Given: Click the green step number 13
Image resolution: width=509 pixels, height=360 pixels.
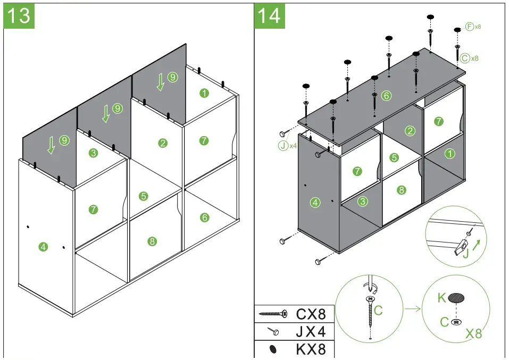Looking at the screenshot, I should pyautogui.click(x=20, y=15).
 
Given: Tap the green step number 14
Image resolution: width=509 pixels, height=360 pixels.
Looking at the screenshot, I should pyautogui.click(x=269, y=15).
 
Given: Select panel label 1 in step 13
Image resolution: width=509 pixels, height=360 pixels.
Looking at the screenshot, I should pyautogui.click(x=204, y=93).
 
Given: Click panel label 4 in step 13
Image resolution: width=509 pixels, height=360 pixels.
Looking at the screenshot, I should pyautogui.click(x=44, y=246).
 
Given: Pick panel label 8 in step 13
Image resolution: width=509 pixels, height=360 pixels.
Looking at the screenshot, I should pyautogui.click(x=153, y=241).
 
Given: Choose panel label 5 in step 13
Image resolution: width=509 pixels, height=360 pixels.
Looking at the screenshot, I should pyautogui.click(x=143, y=196).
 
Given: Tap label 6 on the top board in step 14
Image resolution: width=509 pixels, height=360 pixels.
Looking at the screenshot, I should pyautogui.click(x=386, y=96).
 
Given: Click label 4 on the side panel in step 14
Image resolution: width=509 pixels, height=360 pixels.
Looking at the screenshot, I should pyautogui.click(x=315, y=203).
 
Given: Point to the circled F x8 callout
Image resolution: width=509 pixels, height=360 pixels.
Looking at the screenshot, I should pyautogui.click(x=473, y=26).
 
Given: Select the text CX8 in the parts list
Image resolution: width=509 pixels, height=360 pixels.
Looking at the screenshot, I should pyautogui.click(x=314, y=314).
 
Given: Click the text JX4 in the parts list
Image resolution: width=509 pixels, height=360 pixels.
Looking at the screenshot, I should pyautogui.click(x=311, y=332).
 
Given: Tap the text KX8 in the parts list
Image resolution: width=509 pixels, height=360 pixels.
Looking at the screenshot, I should pyautogui.click(x=314, y=350).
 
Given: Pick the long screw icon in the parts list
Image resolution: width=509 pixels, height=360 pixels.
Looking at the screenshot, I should pyautogui.click(x=273, y=314).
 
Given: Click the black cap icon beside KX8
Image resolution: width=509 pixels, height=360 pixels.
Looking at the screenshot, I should pyautogui.click(x=273, y=350).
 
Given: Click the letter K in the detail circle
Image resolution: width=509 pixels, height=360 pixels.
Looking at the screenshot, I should pyautogui.click(x=441, y=298).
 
